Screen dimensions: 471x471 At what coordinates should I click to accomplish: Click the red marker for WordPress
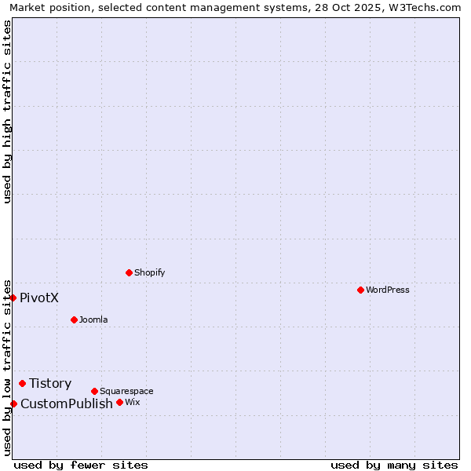[360, 290]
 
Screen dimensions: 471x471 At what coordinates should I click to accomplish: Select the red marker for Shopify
[129, 273]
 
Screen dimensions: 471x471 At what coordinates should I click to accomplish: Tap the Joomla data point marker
[74, 319]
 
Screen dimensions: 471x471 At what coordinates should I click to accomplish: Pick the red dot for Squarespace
[94, 391]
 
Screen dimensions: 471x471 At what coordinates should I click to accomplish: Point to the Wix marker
[119, 402]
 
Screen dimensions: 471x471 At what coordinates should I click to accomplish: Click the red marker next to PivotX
[13, 298]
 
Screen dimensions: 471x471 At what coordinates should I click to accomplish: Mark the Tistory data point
[22, 383]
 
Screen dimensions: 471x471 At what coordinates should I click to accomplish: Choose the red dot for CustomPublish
[13, 403]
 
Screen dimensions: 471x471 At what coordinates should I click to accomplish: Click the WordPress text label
[387, 290]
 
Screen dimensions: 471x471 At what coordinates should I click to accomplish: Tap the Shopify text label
[149, 273]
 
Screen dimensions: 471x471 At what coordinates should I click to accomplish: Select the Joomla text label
[93, 320]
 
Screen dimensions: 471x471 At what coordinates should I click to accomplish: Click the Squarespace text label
[126, 391]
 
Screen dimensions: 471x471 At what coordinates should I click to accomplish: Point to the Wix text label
[132, 402]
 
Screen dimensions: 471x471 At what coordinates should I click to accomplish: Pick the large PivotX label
[39, 298]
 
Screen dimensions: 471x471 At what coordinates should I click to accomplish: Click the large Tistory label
[50, 384]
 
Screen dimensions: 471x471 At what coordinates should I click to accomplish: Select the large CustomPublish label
[67, 404]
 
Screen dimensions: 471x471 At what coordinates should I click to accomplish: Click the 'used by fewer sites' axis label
[81, 465]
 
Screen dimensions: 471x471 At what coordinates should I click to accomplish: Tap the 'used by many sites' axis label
[393, 465]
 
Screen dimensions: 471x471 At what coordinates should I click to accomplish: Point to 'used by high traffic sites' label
[7, 111]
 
